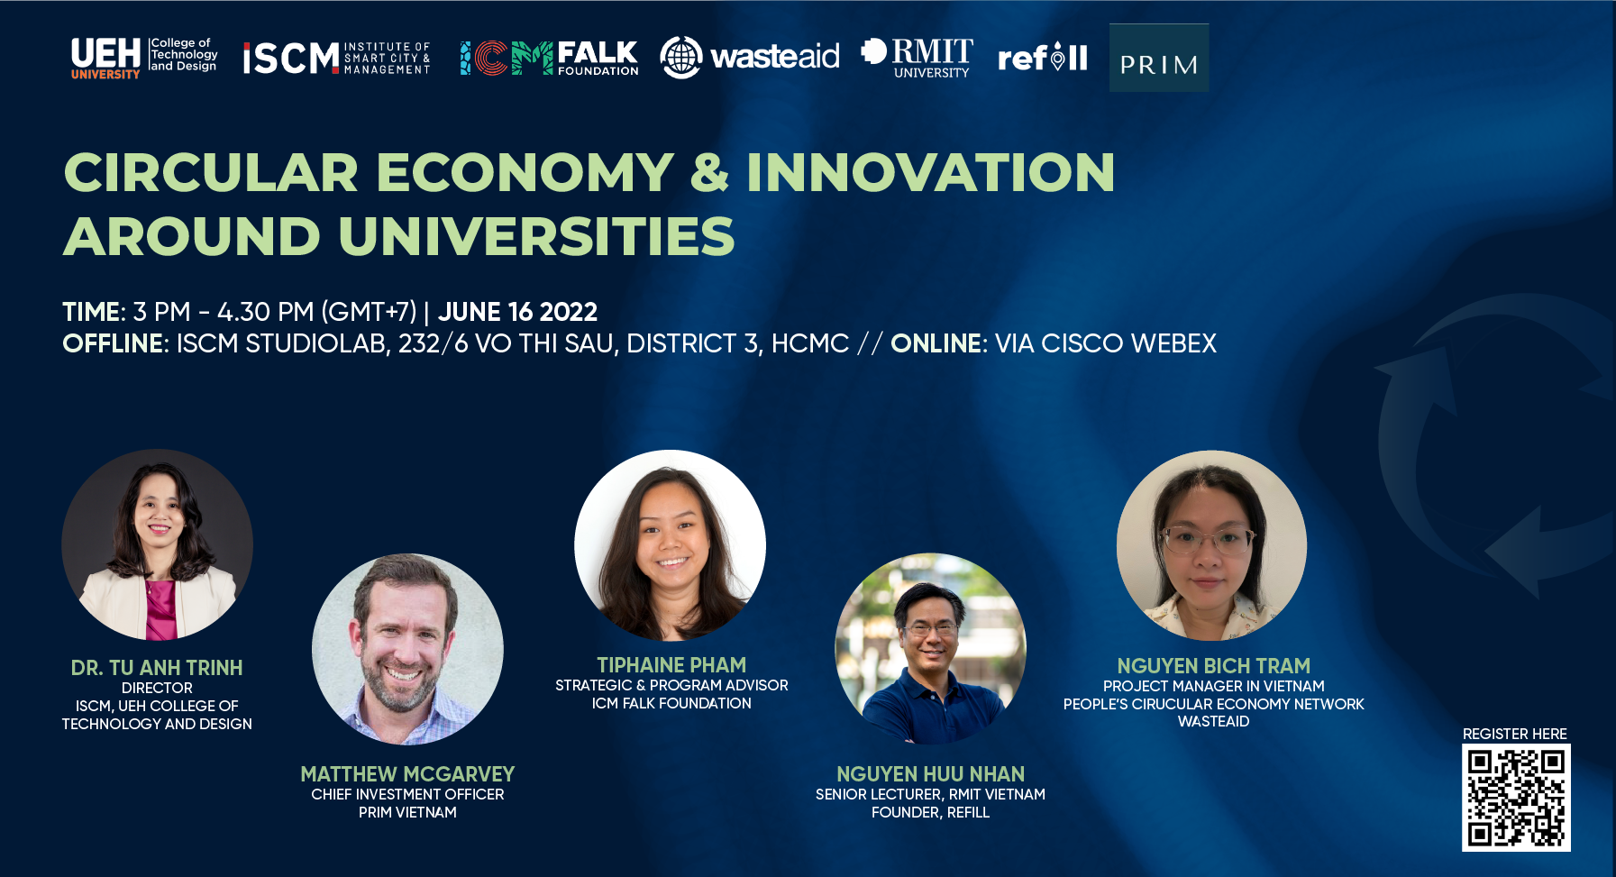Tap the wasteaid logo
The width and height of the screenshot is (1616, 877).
pyautogui.click(x=750, y=57)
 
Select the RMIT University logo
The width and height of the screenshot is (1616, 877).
pyautogui.click(x=918, y=58)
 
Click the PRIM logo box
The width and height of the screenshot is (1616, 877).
pyautogui.click(x=1159, y=58)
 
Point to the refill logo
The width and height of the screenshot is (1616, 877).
pyautogui.click(x=1043, y=58)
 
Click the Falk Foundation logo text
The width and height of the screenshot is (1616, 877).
pyautogui.click(x=598, y=59)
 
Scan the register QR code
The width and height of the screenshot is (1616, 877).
pyautogui.click(x=1516, y=798)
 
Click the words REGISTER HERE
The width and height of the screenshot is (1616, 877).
pyautogui.click(x=1515, y=734)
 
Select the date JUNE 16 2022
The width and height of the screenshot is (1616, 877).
pyautogui.click(x=517, y=312)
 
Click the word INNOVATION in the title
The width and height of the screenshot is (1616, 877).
pyautogui.click(x=931, y=172)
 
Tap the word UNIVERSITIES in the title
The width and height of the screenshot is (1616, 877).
pyautogui.click(x=536, y=236)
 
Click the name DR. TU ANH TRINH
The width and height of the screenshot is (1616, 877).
pyautogui.click(x=157, y=668)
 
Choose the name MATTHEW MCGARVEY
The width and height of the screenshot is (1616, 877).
pyautogui.click(x=407, y=774)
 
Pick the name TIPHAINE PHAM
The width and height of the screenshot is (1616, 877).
pyautogui.click(x=671, y=665)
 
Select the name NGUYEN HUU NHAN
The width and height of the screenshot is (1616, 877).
pyautogui.click(x=930, y=774)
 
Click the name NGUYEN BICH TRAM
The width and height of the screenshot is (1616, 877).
pyautogui.click(x=1213, y=666)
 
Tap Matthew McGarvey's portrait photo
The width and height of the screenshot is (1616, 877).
pyautogui.click(x=407, y=649)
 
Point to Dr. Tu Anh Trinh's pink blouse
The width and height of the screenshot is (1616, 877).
pyautogui.click(x=161, y=609)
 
